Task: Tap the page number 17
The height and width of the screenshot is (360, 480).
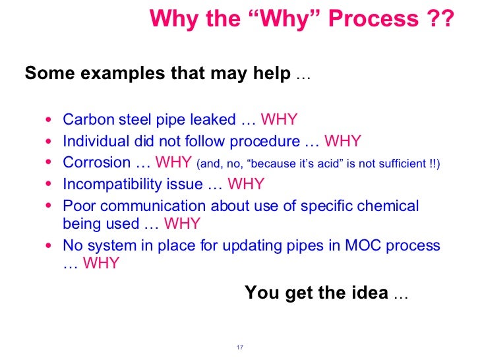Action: click(x=239, y=347)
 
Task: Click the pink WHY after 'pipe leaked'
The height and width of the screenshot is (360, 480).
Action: click(x=280, y=119)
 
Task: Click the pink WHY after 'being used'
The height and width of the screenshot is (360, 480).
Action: click(x=181, y=224)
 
